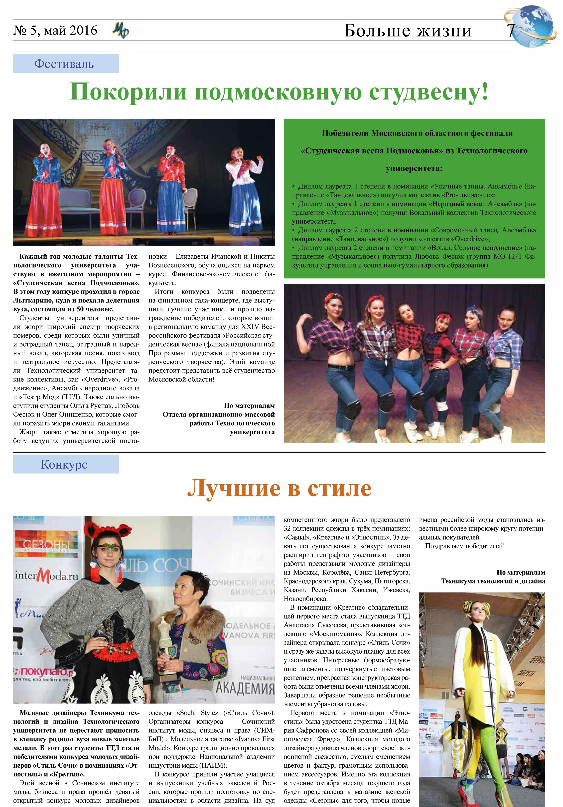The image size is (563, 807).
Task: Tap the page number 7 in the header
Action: pyautogui.click(x=510, y=31)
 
